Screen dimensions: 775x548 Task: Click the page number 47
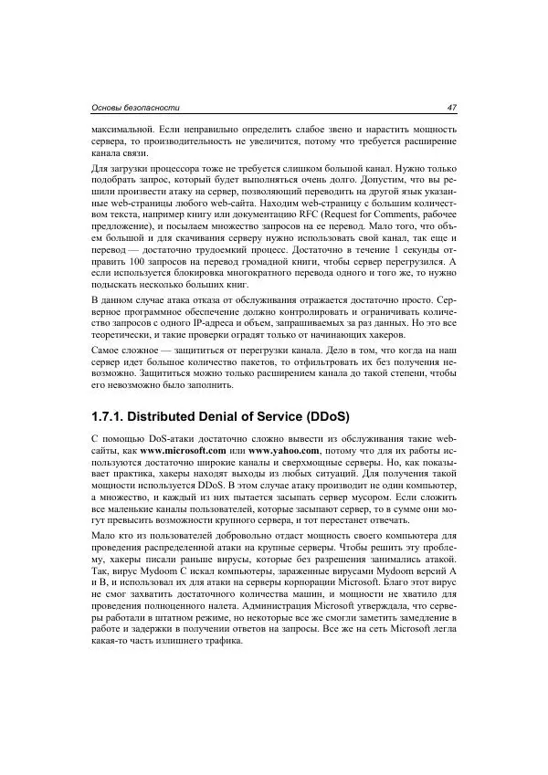pyautogui.click(x=450, y=107)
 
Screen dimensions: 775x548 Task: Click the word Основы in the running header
pyautogui.click(x=112, y=107)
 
